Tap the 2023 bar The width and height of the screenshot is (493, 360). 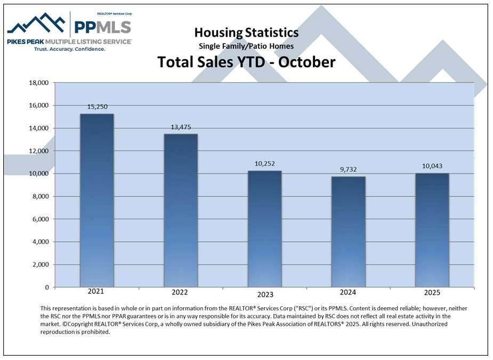[x=264, y=229]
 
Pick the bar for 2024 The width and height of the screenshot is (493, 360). [x=348, y=231]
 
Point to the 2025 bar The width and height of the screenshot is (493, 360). [x=432, y=230]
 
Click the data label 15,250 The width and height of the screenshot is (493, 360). [x=96, y=107]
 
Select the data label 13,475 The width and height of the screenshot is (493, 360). [x=180, y=127]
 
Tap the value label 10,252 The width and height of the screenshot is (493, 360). [x=264, y=164]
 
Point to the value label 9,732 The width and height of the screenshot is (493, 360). [x=348, y=170]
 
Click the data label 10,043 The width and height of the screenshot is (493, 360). [x=432, y=166]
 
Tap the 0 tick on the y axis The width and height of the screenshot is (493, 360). [x=47, y=287]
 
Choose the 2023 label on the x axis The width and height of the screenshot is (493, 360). [x=265, y=294]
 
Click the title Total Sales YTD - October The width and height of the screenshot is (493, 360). [x=246, y=62]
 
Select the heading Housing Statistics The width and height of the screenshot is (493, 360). [x=246, y=33]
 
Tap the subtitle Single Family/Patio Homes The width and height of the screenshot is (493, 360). [x=246, y=46]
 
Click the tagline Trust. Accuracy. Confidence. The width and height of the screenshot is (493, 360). [x=69, y=49]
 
